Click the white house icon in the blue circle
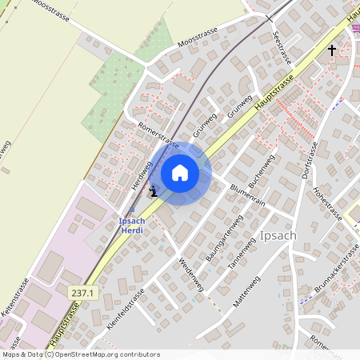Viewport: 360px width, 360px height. point(180,173)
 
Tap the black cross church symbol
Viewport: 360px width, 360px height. point(333,50)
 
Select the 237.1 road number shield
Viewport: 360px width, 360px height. point(82,294)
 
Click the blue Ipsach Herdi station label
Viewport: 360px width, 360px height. point(132,225)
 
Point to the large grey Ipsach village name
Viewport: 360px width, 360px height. point(279,236)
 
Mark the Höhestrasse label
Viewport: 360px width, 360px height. point(326,204)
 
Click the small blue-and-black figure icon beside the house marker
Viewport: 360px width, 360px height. point(154,190)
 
